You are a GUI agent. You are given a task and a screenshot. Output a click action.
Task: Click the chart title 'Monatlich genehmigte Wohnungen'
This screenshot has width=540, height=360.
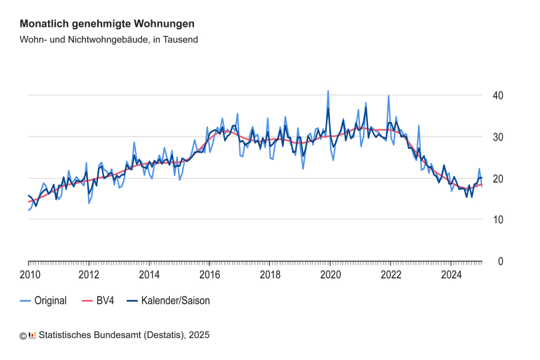107,23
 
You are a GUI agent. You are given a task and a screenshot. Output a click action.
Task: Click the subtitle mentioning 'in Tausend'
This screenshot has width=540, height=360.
109,39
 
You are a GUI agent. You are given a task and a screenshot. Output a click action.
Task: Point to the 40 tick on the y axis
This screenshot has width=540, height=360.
497,96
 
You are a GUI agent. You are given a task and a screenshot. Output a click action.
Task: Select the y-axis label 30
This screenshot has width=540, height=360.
497,137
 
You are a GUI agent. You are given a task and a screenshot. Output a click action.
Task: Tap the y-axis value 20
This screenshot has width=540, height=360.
497,179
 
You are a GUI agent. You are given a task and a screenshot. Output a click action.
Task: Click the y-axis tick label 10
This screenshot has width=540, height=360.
497,220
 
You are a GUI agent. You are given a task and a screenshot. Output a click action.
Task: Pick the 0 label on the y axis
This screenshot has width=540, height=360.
499,261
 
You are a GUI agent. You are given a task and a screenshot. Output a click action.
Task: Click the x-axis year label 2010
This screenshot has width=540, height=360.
29,275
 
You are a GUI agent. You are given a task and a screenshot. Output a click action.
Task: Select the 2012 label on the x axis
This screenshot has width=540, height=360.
89,275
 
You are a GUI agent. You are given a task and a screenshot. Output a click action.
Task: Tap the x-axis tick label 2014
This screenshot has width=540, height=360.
149,275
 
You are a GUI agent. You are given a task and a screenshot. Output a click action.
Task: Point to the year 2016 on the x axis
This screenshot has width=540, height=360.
210,275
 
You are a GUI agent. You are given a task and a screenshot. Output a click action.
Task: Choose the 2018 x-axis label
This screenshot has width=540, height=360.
270,275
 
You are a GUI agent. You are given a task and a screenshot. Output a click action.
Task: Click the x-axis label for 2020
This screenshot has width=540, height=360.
331,275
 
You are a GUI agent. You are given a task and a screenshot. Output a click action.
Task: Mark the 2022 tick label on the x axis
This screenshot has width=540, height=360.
391,275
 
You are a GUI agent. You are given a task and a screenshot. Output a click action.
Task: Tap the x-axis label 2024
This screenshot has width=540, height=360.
451,275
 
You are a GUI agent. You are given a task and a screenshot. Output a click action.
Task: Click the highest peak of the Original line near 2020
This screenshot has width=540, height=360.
328,91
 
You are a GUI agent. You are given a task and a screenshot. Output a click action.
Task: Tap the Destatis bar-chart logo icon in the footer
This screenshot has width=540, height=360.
32,335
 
